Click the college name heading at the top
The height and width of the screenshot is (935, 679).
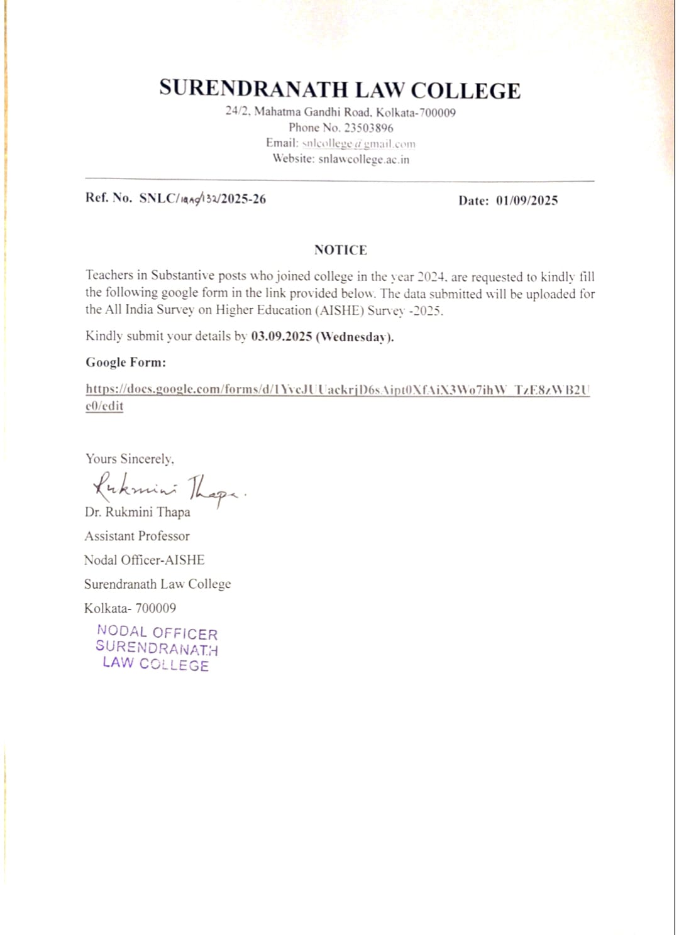pyautogui.click(x=339, y=90)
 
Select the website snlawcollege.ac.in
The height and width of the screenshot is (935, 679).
pyautogui.click(x=363, y=160)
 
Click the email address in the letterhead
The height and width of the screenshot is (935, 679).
pyautogui.click(x=358, y=144)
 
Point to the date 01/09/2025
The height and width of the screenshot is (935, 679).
pyautogui.click(x=527, y=201)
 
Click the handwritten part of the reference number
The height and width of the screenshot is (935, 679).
pyautogui.click(x=199, y=199)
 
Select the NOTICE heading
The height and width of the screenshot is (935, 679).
pyautogui.click(x=340, y=250)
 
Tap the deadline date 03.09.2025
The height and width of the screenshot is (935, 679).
pyautogui.click(x=282, y=336)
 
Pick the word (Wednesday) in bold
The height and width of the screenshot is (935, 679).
pyautogui.click(x=355, y=337)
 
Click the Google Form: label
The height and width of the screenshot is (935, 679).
pyautogui.click(x=126, y=363)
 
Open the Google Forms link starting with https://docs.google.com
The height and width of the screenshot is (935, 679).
pyautogui.click(x=337, y=390)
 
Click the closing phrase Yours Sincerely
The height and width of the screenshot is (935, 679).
pyautogui.click(x=130, y=459)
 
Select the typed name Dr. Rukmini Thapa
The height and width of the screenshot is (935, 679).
pyautogui.click(x=138, y=512)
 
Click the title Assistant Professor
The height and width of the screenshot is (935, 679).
pyautogui.click(x=137, y=536)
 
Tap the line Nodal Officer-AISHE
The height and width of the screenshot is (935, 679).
pyautogui.click(x=145, y=560)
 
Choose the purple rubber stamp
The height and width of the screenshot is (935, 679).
pyautogui.click(x=157, y=648)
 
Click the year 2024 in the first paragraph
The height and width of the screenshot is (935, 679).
pyautogui.click(x=432, y=277)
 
